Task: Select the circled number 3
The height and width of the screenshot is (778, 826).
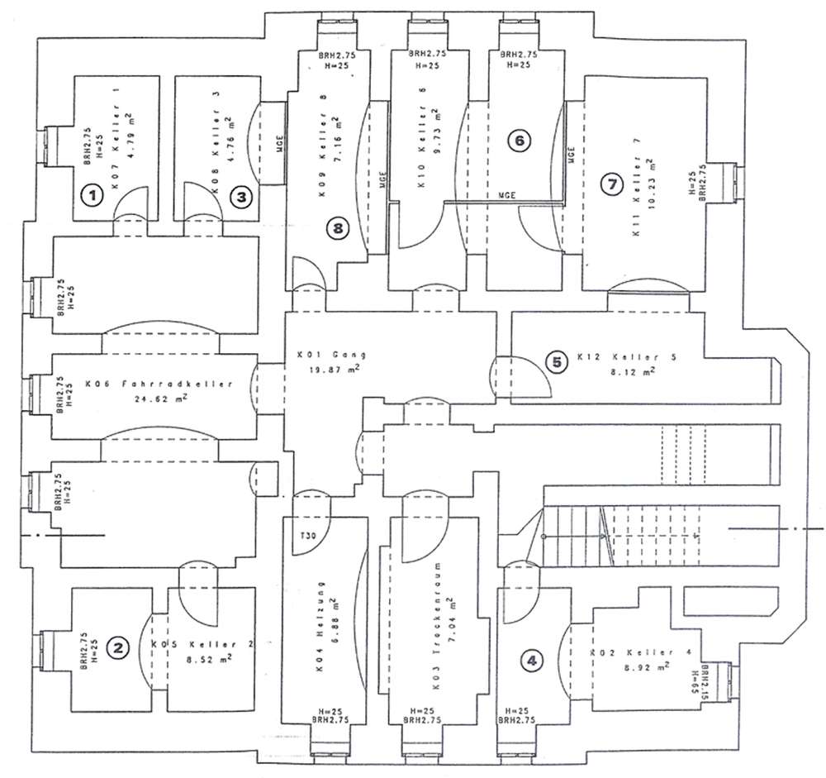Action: pos(241,197)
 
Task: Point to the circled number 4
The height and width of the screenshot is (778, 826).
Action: pos(534,660)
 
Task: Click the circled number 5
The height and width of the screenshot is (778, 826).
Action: pos(558,361)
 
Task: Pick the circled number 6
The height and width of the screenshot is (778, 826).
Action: pos(519,141)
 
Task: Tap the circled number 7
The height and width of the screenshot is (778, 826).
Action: pos(611,185)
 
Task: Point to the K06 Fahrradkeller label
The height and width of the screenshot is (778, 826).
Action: pos(156,384)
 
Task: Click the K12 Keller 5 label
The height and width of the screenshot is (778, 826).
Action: pos(628,357)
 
